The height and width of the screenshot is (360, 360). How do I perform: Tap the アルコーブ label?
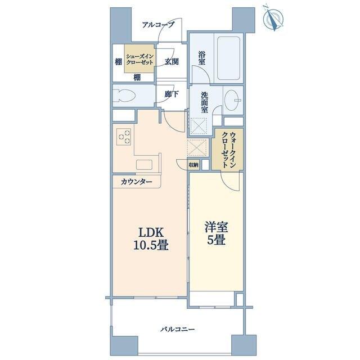click(x=158, y=25)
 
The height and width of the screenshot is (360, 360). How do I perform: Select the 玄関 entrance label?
click(x=172, y=61)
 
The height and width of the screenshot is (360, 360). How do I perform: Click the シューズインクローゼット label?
click(x=139, y=59)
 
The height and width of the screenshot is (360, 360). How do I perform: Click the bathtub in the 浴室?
click(x=229, y=58)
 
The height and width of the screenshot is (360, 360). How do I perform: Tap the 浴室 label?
click(x=202, y=58)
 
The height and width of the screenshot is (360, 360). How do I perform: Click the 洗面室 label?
click(x=205, y=102)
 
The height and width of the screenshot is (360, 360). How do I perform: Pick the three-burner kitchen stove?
click(x=124, y=137)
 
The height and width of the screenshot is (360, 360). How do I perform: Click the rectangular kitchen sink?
click(x=144, y=165)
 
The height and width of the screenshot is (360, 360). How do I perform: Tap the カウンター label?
click(x=136, y=182)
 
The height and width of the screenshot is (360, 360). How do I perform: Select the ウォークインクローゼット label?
click(x=227, y=150)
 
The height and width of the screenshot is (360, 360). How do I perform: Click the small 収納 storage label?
click(x=193, y=165)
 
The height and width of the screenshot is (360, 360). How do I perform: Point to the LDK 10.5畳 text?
click(x=151, y=239)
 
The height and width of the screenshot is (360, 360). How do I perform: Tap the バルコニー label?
click(x=178, y=330)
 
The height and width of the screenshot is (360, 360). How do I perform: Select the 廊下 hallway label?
click(x=172, y=94)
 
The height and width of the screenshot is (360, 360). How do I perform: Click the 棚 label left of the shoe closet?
click(x=119, y=61)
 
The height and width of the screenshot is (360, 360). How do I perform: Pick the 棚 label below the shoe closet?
click(x=137, y=78)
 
